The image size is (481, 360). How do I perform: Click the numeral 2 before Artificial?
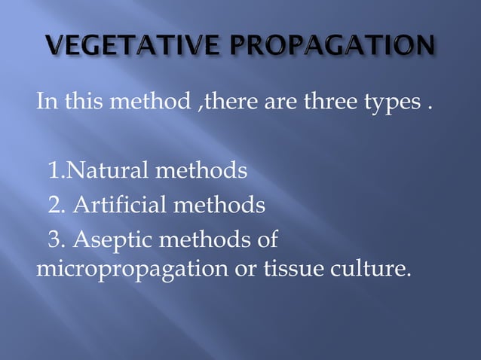[54, 205]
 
